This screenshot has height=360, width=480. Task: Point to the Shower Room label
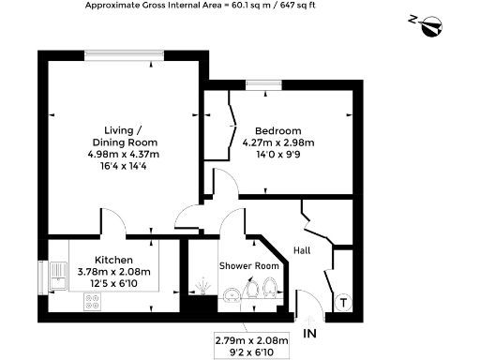pyautogui.click(x=249, y=266)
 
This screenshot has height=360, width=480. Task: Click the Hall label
pyautogui.click(x=302, y=250)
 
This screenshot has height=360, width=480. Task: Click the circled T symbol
pyautogui.click(x=344, y=302)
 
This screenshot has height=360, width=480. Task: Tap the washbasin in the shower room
pyautogui.click(x=230, y=298)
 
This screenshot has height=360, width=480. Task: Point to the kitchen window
pyautogui.click(x=40, y=279)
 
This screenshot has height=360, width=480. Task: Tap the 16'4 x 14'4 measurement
pyautogui.click(x=118, y=166)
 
